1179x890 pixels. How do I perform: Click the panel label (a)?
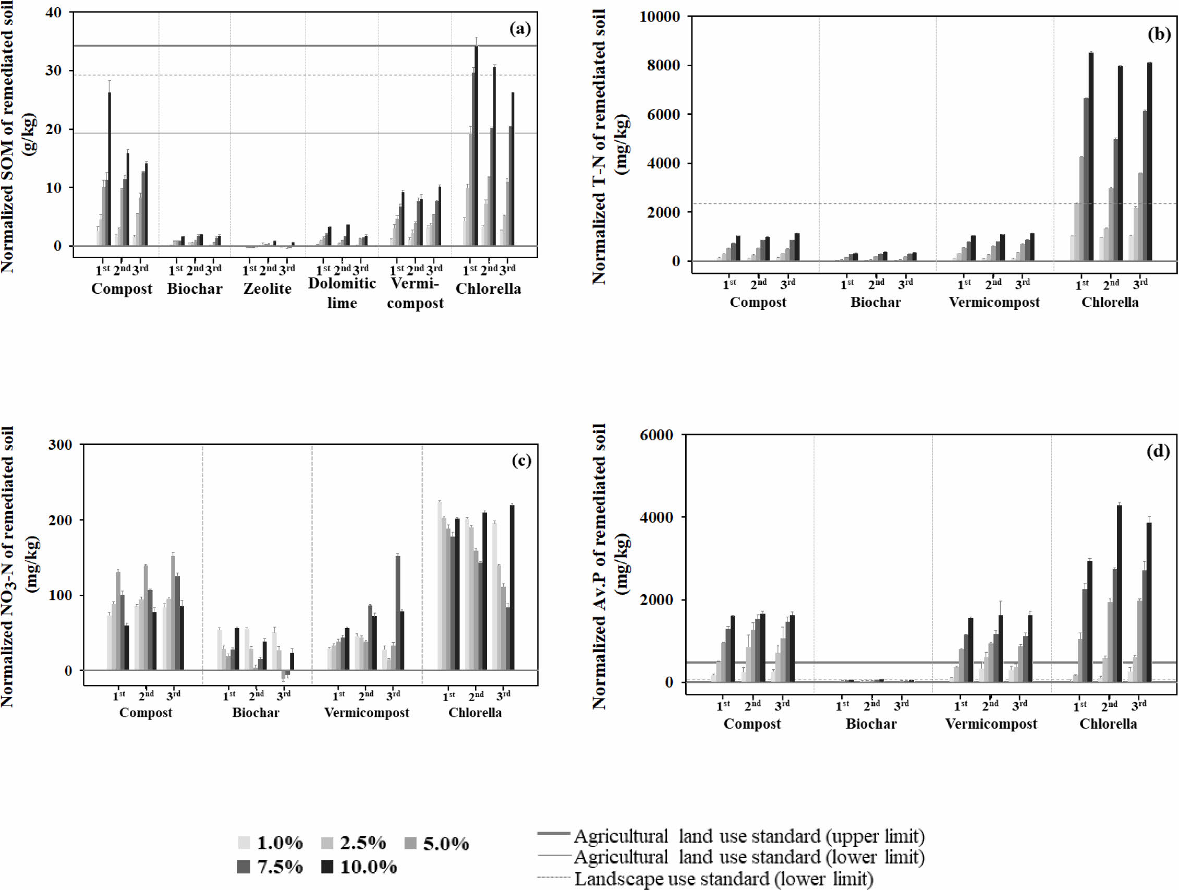pyautogui.click(x=520, y=28)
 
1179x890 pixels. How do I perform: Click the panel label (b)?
pyautogui.click(x=1159, y=34)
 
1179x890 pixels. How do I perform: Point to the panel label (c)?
pyautogui.click(x=521, y=460)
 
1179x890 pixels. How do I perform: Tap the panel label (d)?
pyautogui.click(x=1158, y=452)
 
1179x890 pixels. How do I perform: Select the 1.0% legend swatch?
pyautogui.click(x=244, y=843)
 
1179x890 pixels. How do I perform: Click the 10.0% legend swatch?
pyautogui.click(x=327, y=867)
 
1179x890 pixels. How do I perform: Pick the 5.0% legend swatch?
pyautogui.click(x=410, y=843)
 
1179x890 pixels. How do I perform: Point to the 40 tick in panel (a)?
pyautogui.click(x=54, y=13)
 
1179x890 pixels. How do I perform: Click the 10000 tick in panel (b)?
pyautogui.click(x=659, y=17)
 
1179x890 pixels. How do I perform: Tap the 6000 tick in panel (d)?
pyautogui.click(x=656, y=436)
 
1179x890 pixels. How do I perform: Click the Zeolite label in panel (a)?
pyautogui.click(x=268, y=288)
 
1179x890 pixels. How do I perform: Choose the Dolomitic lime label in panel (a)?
pyautogui.click(x=342, y=293)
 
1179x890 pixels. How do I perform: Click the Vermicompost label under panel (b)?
pyautogui.click(x=993, y=303)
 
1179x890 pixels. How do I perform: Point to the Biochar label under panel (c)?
pyautogui.click(x=256, y=713)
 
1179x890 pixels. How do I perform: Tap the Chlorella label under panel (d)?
pyautogui.click(x=1108, y=724)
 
